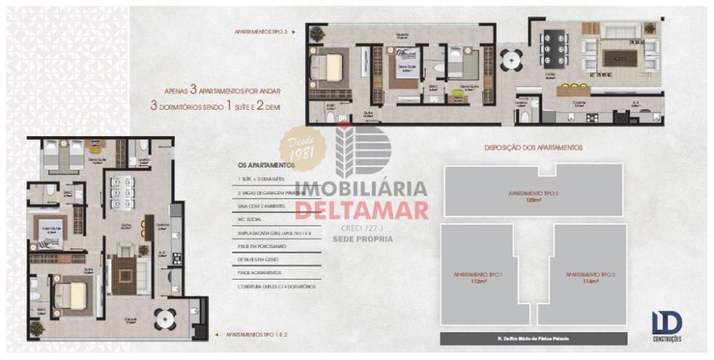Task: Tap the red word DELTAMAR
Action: [x=362, y=209]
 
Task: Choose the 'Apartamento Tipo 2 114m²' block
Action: [x=590, y=277]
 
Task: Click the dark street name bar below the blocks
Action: [x=534, y=339]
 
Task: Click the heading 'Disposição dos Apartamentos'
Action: [x=533, y=148]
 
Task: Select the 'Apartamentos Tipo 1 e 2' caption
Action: [x=251, y=333]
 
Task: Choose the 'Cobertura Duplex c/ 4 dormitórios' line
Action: [x=277, y=286]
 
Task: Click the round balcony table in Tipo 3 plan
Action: [x=512, y=59]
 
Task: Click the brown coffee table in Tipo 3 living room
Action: [x=620, y=58]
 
